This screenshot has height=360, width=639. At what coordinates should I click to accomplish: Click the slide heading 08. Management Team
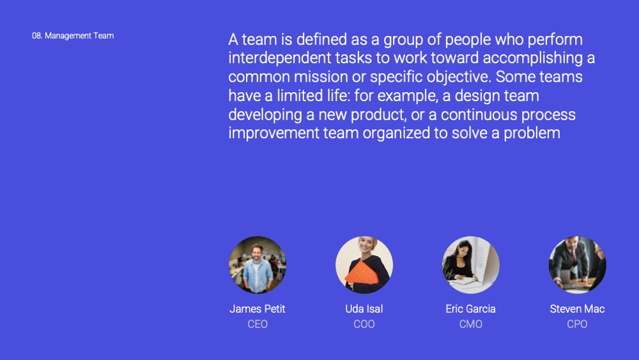pyautogui.click(x=73, y=36)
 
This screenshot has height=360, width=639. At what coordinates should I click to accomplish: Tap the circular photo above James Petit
pyautogui.click(x=258, y=265)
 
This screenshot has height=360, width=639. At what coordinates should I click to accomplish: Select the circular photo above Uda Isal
pyautogui.click(x=364, y=265)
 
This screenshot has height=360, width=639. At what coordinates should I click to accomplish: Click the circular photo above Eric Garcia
pyautogui.click(x=471, y=265)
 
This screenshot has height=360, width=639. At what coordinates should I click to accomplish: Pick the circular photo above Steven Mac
pyautogui.click(x=578, y=265)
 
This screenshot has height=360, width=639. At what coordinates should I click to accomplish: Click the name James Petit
pyautogui.click(x=257, y=309)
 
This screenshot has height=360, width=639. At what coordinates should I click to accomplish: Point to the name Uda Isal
pyautogui.click(x=364, y=309)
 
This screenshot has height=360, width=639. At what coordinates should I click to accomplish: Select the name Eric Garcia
pyautogui.click(x=471, y=309)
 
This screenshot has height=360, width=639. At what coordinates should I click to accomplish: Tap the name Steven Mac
pyautogui.click(x=577, y=309)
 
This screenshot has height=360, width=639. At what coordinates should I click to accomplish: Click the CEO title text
pyautogui.click(x=258, y=324)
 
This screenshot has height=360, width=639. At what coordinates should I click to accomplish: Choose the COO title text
pyautogui.click(x=364, y=324)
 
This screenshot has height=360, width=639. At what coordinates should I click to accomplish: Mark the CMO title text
pyautogui.click(x=471, y=324)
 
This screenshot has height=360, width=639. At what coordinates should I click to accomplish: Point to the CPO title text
pyautogui.click(x=577, y=324)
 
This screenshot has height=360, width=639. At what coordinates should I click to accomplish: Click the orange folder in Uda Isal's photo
pyautogui.click(x=362, y=273)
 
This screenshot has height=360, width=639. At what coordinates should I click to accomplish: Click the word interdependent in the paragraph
pyautogui.click(x=280, y=58)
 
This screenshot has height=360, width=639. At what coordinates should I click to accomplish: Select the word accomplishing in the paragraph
pyautogui.click(x=533, y=58)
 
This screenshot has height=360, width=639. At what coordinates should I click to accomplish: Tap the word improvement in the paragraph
pyautogui.click(x=273, y=133)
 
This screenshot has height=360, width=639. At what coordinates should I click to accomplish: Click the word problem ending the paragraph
pyautogui.click(x=532, y=133)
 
